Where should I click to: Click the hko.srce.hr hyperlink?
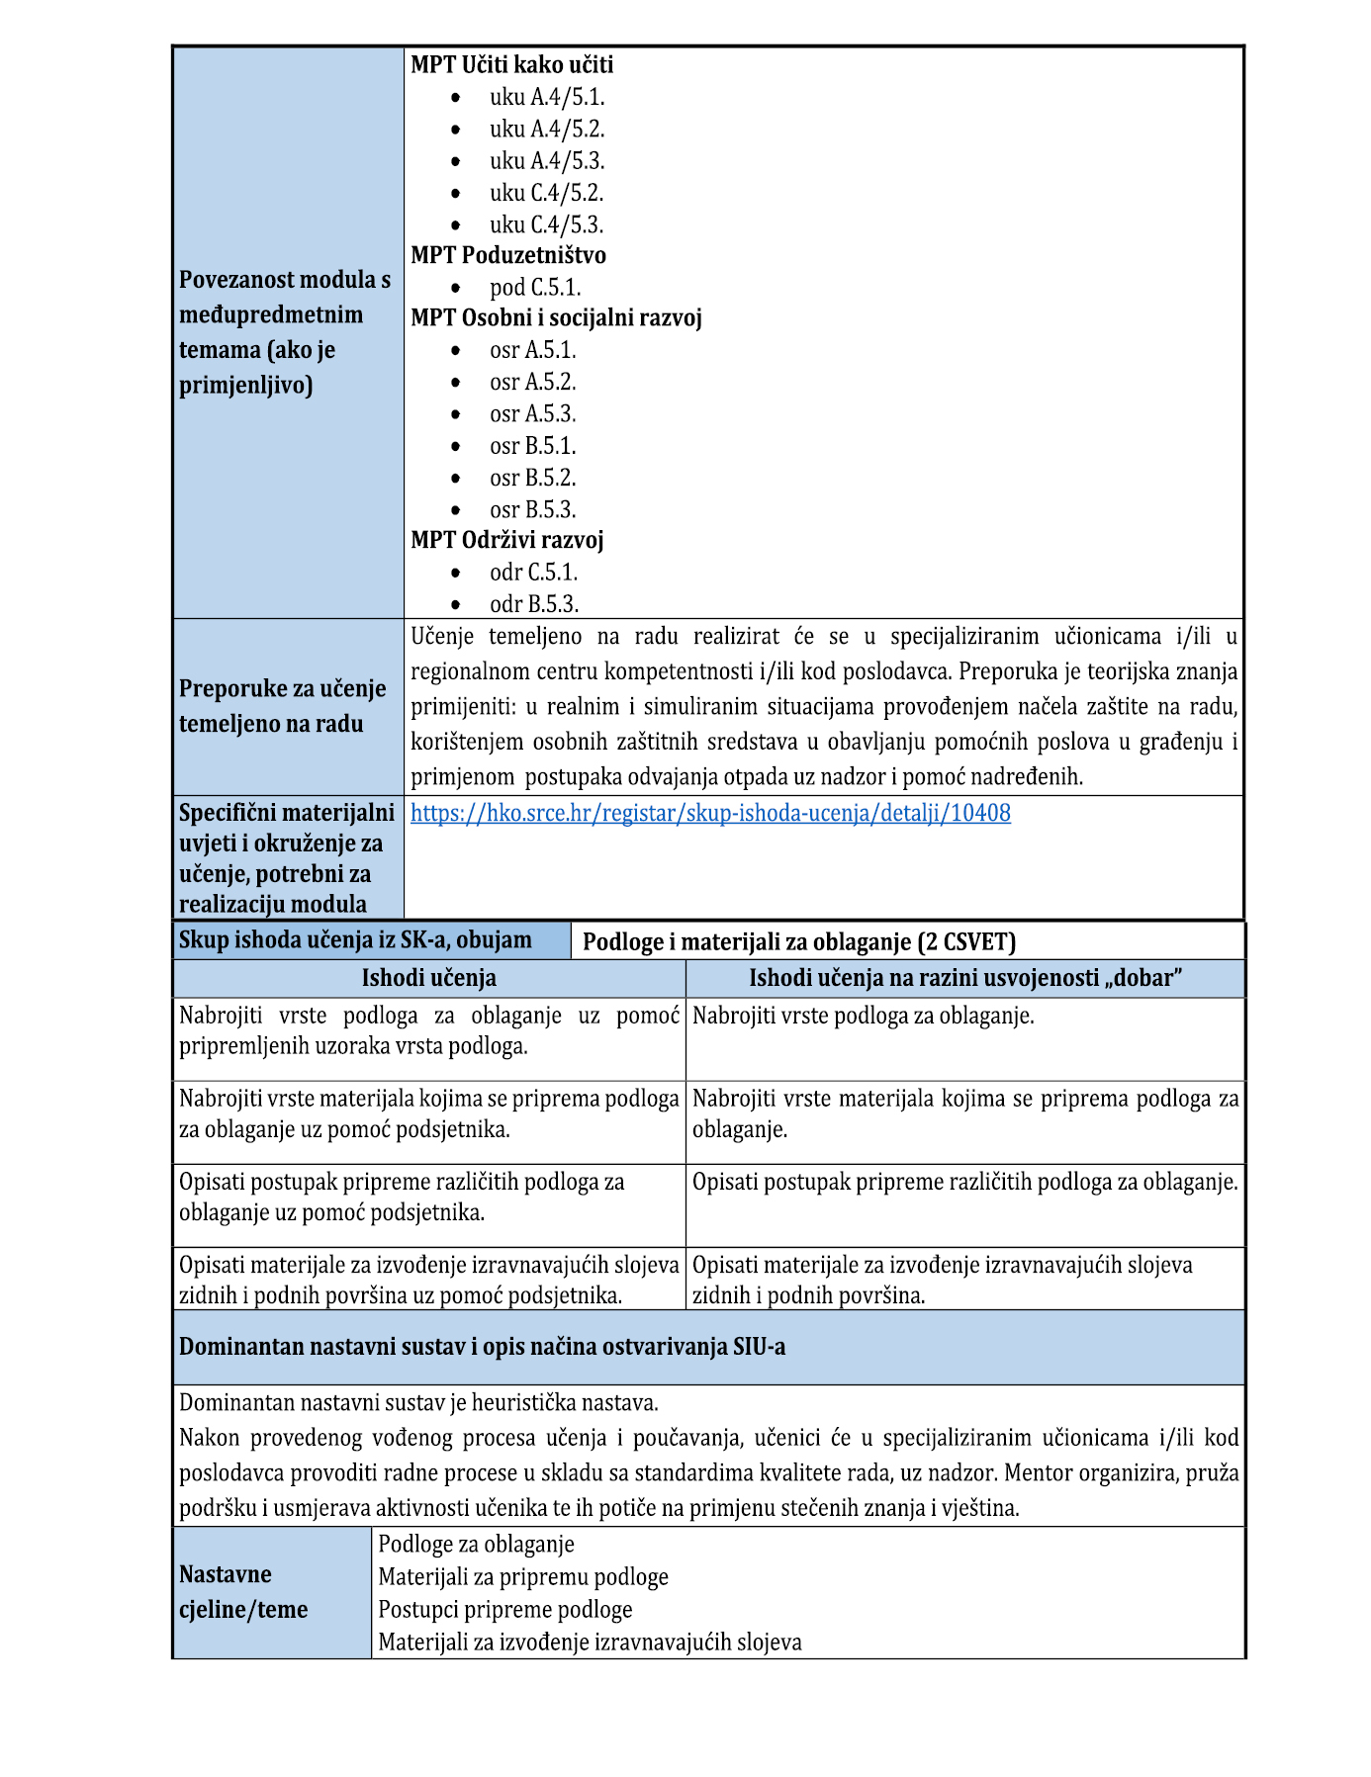pyautogui.click(x=710, y=813)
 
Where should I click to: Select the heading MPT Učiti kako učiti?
pyautogui.click(x=511, y=64)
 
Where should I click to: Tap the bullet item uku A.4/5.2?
pyautogui.click(x=546, y=129)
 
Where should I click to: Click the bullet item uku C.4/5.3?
pyautogui.click(x=546, y=224)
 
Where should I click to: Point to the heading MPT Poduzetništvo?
pyautogui.click(x=508, y=255)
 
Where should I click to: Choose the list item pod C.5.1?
pyautogui.click(x=535, y=288)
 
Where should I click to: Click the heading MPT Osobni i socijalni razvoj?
pyautogui.click(x=556, y=317)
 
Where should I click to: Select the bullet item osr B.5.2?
pyautogui.click(x=532, y=478)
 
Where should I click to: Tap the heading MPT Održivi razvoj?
pyautogui.click(x=506, y=540)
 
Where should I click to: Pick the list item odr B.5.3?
pyautogui.click(x=534, y=604)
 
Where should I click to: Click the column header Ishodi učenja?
pyautogui.click(x=428, y=978)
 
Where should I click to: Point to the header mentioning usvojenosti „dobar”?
pyautogui.click(x=964, y=978)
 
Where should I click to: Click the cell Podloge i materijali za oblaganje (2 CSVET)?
pyautogui.click(x=798, y=941)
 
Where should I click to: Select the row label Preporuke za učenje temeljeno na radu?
pyautogui.click(x=282, y=706)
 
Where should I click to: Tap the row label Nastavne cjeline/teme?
pyautogui.click(x=243, y=1591)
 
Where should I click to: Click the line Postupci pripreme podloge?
pyautogui.click(x=504, y=1609)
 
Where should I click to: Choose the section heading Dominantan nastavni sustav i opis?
pyautogui.click(x=482, y=1347)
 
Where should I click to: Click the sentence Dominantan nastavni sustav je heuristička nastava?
pyautogui.click(x=418, y=1402)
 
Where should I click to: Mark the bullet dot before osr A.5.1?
pyautogui.click(x=455, y=351)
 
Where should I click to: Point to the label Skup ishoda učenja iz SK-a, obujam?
pyautogui.click(x=355, y=939)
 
